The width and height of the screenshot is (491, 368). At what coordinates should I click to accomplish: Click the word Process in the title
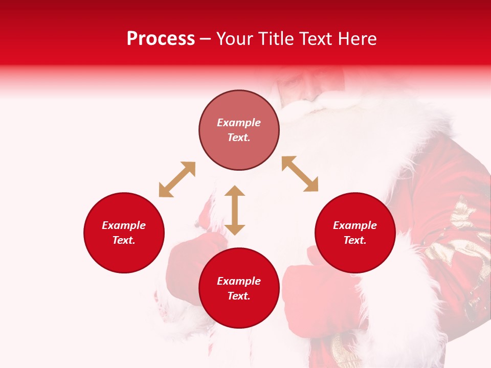[x=161, y=39]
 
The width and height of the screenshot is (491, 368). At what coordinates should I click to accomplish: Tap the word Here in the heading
[x=356, y=39]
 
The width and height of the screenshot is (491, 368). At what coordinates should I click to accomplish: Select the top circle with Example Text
[x=239, y=130]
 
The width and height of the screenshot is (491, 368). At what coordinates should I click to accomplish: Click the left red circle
[x=124, y=233]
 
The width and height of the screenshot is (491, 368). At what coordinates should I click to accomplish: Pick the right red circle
[x=355, y=233]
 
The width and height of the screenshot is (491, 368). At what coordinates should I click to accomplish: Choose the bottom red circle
[x=239, y=288]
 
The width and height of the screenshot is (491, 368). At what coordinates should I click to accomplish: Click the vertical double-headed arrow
[x=235, y=210]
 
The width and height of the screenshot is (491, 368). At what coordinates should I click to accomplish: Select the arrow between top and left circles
[x=177, y=179]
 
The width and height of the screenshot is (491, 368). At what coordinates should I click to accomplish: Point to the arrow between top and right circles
[x=300, y=174]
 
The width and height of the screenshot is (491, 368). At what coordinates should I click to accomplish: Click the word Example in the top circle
[x=239, y=123]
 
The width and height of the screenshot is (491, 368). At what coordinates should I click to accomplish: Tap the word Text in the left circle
[x=124, y=240]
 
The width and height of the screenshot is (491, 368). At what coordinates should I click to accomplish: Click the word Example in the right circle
[x=355, y=225]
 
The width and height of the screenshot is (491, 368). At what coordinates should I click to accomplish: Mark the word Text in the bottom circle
[x=239, y=296]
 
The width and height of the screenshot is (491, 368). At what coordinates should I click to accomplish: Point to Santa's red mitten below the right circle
[x=312, y=302]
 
